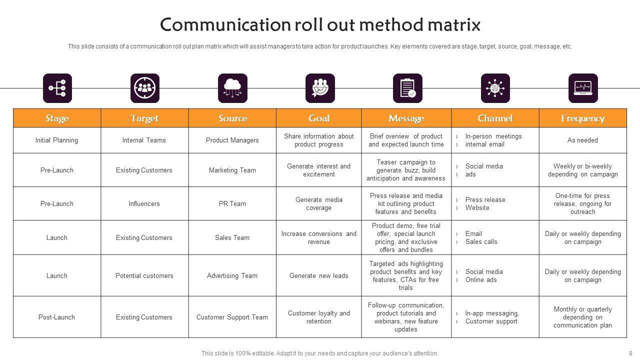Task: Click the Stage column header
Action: pos(57,118)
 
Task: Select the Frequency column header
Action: pos(582,118)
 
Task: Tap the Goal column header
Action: pos(319,118)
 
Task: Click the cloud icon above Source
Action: pos(232,88)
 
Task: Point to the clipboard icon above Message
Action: pos(407,88)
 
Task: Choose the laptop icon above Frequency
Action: pos(583,88)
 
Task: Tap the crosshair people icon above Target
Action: pos(145,88)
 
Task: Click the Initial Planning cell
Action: pos(56,140)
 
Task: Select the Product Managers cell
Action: pos(232,140)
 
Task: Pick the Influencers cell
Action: pos(144,204)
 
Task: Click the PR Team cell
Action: pos(232,204)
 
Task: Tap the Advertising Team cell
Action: pos(232,276)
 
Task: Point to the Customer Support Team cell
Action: pos(232,317)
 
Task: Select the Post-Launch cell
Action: pos(56,317)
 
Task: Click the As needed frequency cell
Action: pos(582,140)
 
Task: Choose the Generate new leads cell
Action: pos(319,276)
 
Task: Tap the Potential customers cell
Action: pos(144,276)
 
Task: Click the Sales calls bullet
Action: pos(481,242)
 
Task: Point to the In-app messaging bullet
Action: pos(492,313)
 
